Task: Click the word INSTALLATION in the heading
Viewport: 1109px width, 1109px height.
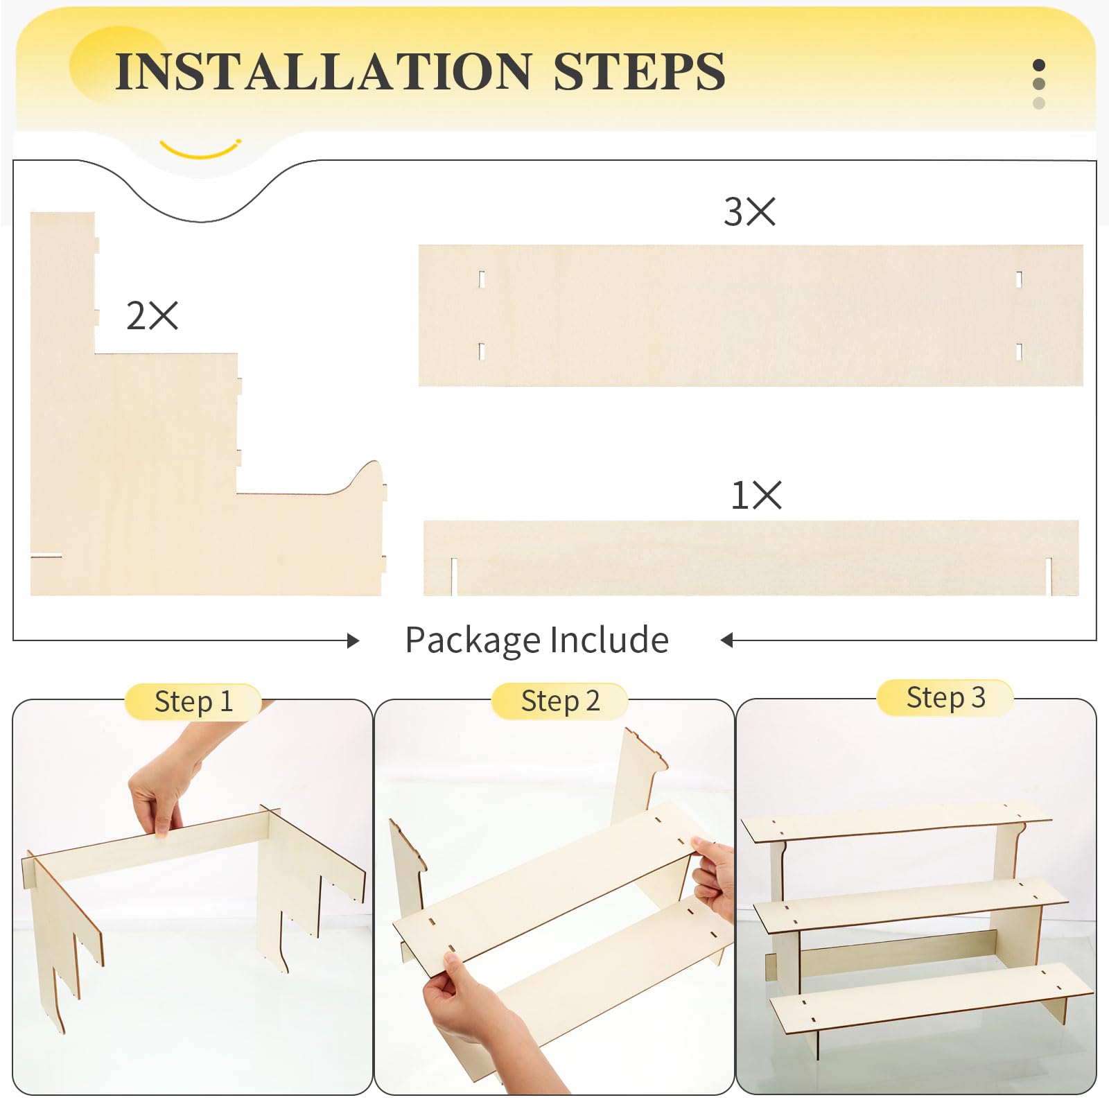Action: click(323, 71)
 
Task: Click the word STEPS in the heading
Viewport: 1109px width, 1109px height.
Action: click(638, 71)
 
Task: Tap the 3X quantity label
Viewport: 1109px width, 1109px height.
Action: click(749, 211)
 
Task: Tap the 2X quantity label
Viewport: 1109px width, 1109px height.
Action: click(152, 315)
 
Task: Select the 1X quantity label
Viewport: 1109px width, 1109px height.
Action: click(756, 496)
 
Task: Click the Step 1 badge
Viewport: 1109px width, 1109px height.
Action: click(193, 701)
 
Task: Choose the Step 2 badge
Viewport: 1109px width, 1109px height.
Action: click(560, 701)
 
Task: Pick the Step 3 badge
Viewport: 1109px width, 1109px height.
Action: click(945, 697)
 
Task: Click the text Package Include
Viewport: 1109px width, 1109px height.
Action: click(536, 640)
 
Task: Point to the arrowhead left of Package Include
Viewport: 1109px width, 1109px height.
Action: click(353, 640)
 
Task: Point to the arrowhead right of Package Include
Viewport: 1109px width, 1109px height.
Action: click(726, 640)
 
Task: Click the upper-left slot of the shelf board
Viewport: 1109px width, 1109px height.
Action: click(482, 279)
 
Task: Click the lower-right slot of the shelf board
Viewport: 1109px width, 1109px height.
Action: click(1019, 351)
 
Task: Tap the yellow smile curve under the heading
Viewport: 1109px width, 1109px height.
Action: click(200, 150)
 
